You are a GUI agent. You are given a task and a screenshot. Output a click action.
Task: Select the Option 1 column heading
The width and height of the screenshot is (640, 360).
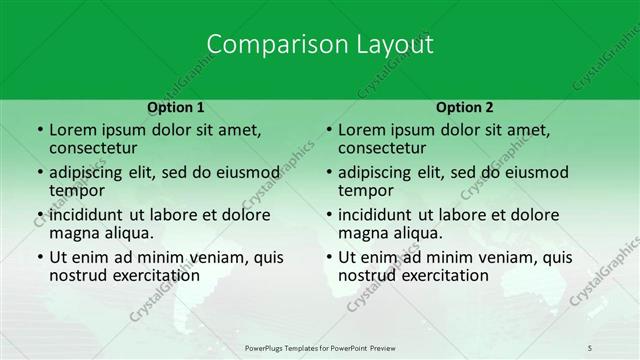[x=176, y=107]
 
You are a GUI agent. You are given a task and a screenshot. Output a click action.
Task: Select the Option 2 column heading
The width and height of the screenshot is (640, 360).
[x=465, y=107]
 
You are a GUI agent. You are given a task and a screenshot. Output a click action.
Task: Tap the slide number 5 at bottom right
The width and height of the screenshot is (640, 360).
[x=590, y=347]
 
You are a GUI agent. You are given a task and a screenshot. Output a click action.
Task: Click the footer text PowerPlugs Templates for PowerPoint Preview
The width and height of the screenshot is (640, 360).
[x=320, y=347]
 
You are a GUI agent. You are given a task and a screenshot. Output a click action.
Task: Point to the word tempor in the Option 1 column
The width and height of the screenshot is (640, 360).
[x=77, y=190]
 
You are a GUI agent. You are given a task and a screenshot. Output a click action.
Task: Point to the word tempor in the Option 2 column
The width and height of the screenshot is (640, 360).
[x=366, y=190]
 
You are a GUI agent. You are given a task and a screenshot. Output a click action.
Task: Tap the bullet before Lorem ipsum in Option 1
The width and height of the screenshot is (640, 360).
[x=40, y=130]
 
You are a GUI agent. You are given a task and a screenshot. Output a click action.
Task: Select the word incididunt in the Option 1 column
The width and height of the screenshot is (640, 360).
[x=86, y=215]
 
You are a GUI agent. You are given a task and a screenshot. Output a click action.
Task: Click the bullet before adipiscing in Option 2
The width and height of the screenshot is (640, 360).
[x=329, y=173]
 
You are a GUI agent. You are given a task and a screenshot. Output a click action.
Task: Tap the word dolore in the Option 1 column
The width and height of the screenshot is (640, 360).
[x=245, y=215]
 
